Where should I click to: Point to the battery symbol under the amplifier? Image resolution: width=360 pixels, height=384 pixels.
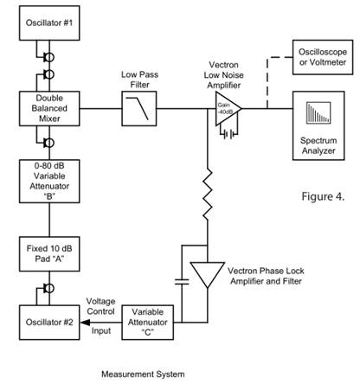229,134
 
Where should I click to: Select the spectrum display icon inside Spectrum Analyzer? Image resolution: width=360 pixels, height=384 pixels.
318,112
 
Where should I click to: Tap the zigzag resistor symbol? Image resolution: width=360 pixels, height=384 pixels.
208,194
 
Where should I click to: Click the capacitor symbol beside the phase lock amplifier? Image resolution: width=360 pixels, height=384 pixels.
182,281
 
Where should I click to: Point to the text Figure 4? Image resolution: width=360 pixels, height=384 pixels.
323,196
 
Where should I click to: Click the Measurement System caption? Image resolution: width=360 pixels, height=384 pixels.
143,374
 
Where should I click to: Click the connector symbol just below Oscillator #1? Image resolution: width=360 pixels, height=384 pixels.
49,57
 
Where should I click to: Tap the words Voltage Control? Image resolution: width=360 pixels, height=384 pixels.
101,306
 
